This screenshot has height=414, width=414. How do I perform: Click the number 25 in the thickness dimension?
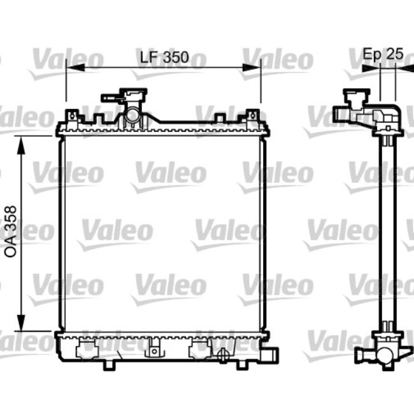[395, 54]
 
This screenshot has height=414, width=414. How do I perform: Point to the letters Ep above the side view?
[372, 54]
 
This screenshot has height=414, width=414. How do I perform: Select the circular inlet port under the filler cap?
[132, 117]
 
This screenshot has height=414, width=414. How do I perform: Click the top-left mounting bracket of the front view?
[72, 116]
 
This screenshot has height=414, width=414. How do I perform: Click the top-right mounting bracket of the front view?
[254, 116]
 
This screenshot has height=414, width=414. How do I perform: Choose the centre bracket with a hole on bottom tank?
[153, 349]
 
